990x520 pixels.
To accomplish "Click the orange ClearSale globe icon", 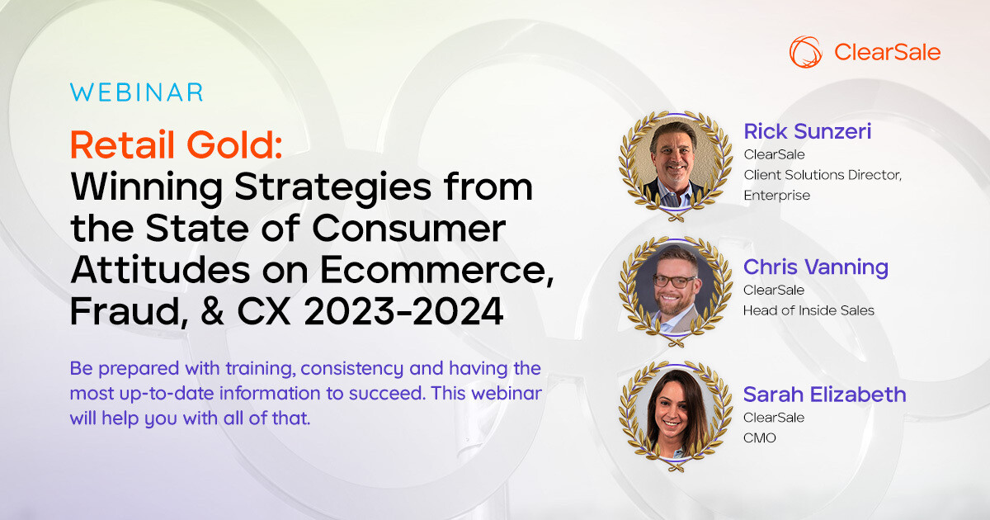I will click(x=806, y=52).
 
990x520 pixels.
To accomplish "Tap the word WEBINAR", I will click(x=136, y=92).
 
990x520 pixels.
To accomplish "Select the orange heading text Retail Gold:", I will click(x=176, y=145).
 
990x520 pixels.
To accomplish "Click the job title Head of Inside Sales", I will click(x=808, y=310).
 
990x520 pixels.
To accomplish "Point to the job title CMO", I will click(x=760, y=438).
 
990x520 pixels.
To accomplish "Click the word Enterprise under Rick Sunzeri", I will click(x=777, y=196).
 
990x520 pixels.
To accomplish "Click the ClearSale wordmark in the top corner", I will click(x=888, y=53).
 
